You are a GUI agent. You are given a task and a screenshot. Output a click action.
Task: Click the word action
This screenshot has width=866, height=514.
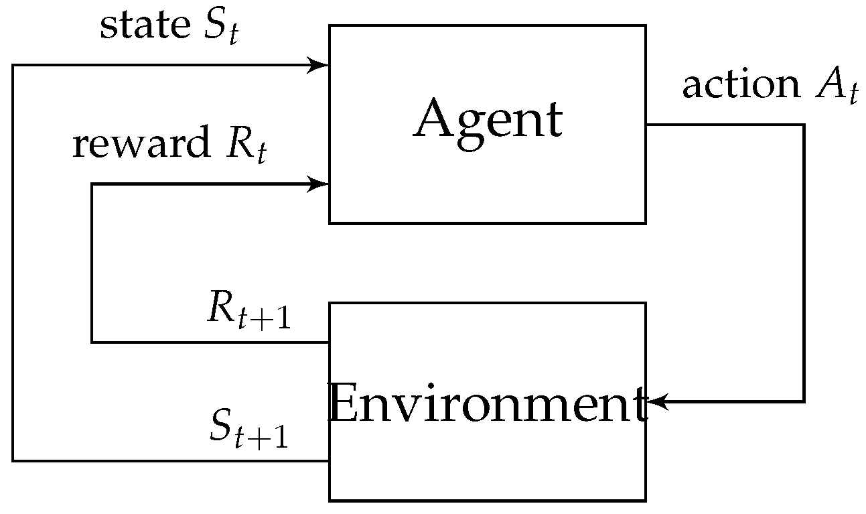coord(740,85)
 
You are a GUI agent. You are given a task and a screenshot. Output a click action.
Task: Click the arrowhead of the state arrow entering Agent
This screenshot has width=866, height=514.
coord(319,65)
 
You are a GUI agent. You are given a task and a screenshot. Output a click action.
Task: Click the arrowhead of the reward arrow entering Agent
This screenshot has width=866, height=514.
coord(319,184)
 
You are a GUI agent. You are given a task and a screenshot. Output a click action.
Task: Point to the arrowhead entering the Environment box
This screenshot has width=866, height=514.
coord(656,402)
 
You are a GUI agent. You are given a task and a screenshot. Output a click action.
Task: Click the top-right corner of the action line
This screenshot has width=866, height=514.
coord(803,125)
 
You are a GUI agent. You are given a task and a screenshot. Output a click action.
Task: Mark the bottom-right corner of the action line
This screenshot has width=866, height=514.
coord(803,402)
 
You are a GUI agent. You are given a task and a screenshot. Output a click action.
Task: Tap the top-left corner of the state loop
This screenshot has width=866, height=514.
coord(13,65)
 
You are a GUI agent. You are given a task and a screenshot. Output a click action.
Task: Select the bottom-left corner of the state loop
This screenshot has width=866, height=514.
coord(13,460)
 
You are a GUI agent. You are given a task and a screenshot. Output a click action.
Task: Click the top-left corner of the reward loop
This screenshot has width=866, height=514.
coord(92,184)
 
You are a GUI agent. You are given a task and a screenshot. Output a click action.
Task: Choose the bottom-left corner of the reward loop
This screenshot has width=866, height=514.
coord(92,342)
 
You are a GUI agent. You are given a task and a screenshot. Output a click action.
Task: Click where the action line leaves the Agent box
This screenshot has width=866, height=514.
coord(646,125)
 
